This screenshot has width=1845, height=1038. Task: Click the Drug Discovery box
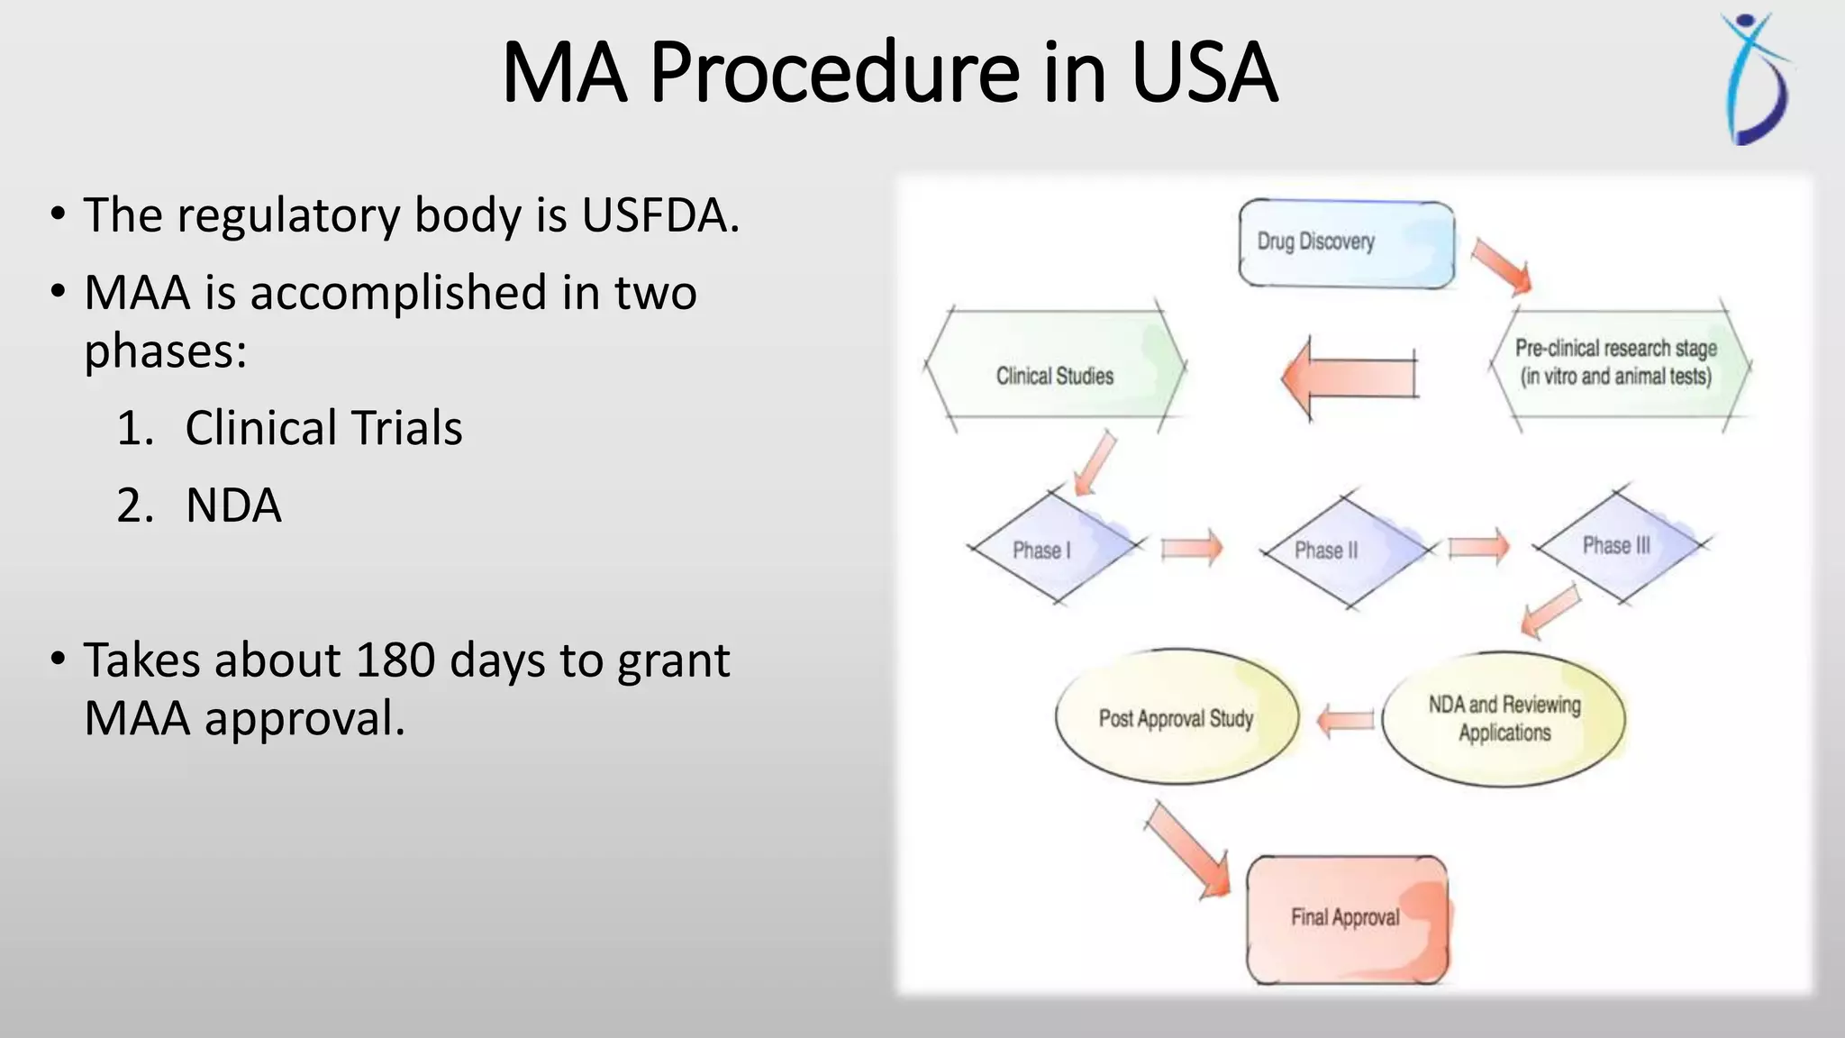click(1346, 243)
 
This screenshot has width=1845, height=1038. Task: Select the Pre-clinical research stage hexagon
click(1616, 363)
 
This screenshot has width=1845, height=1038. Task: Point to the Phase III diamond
click(1618, 545)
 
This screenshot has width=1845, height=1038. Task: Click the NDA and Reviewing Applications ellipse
click(1504, 718)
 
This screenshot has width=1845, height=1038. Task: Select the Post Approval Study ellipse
click(1176, 717)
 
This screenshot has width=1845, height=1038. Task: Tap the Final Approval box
click(1346, 919)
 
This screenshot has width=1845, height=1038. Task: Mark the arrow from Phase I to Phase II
click(1191, 548)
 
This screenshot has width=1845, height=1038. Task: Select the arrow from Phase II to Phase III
click(1477, 547)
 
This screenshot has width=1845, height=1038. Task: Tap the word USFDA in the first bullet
click(659, 215)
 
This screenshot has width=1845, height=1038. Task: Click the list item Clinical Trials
click(323, 428)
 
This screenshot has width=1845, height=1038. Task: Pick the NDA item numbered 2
click(233, 505)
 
